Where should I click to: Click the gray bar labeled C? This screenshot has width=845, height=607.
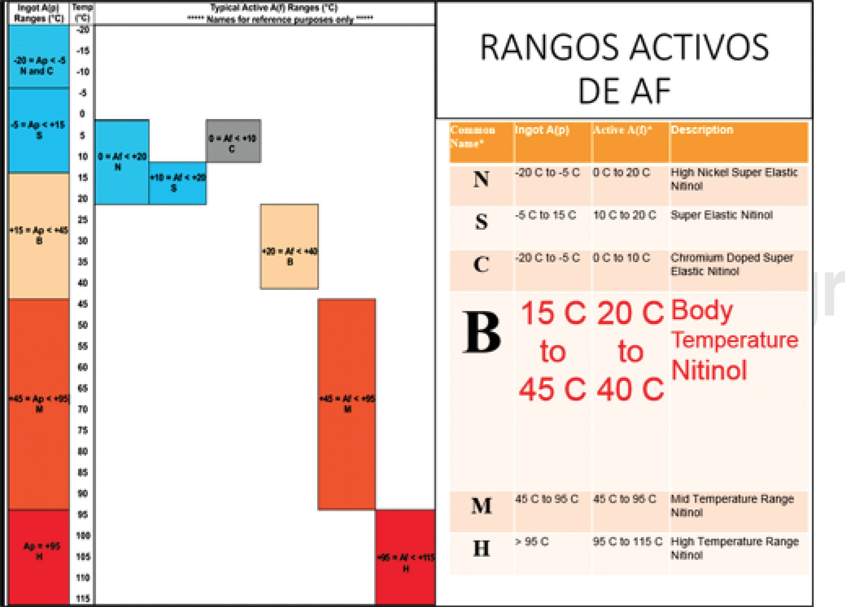tap(233, 141)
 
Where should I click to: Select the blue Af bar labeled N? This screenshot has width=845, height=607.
tap(122, 162)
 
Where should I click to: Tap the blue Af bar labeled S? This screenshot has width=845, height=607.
tap(177, 183)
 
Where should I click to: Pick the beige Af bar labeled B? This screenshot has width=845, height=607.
tap(289, 246)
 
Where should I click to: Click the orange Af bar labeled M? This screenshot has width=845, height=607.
tap(346, 404)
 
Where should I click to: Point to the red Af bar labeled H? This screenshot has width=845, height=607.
tap(405, 557)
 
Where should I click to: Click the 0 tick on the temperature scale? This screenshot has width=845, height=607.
tap(83, 114)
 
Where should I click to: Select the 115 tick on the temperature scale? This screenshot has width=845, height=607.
tap(83, 598)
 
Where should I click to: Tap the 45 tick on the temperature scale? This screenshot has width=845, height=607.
tap(83, 304)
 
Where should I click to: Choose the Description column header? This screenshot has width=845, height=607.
tap(702, 130)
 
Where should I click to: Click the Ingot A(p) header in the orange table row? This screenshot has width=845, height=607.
tap(542, 130)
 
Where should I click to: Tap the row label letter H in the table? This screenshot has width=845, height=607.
tap(481, 548)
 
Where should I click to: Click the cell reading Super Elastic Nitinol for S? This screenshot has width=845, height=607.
tap(721, 215)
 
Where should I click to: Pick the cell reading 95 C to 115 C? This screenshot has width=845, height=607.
tap(627, 542)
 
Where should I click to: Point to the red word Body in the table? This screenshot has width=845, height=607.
tap(702, 311)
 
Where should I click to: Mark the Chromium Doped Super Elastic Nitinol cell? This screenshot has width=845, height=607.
tap(731, 264)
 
